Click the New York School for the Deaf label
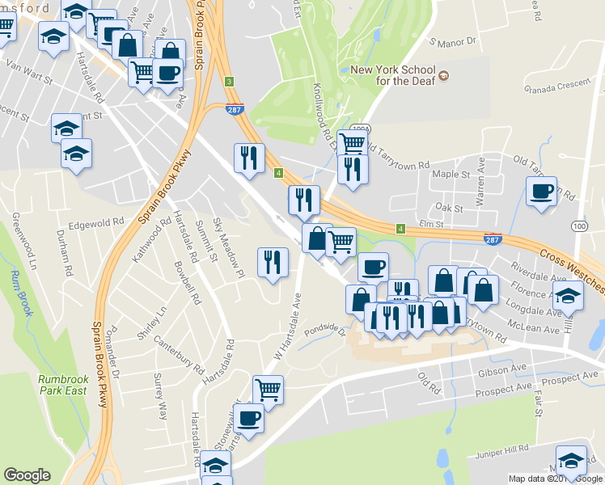pos(392,74)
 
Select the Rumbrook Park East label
pos(61,385)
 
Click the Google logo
pos(27,474)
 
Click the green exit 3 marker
pos(230,82)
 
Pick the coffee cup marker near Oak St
pos(541,192)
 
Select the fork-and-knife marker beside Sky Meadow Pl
pos(273,262)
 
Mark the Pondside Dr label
pos(325,331)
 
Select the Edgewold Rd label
pos(96,221)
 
